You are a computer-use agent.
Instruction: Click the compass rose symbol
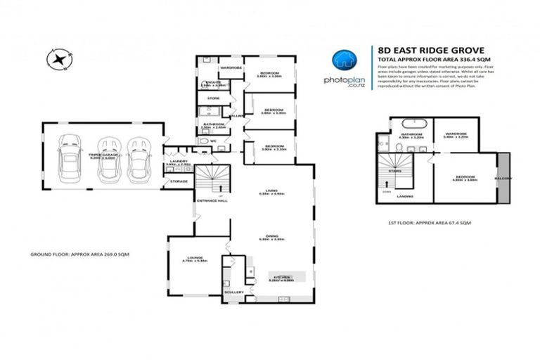pyautogui.click(x=57, y=59)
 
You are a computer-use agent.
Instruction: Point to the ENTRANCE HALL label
pyautogui.click(x=212, y=200)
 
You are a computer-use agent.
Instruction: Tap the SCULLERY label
pyautogui.click(x=234, y=291)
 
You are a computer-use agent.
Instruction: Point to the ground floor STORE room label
pyautogui.click(x=213, y=98)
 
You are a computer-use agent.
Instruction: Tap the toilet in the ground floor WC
pyautogui.click(x=205, y=140)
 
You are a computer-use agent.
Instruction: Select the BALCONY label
pyautogui.click(x=503, y=178)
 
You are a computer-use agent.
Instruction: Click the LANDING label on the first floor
pyautogui.click(x=404, y=196)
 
